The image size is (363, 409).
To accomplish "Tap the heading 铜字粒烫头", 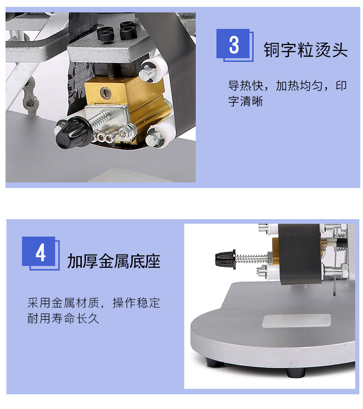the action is pyautogui.click(x=306, y=50).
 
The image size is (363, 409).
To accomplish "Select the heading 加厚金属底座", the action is pyautogui.click(x=113, y=261).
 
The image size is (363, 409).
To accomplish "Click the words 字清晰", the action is pyautogui.click(x=246, y=101).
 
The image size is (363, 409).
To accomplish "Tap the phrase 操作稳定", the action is pyautogui.click(x=136, y=303).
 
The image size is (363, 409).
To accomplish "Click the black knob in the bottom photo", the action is pyautogui.click(x=225, y=260).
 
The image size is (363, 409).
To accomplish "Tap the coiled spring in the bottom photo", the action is pyautogui.click(x=251, y=258).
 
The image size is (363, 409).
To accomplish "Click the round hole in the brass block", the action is pyautogui.click(x=105, y=92).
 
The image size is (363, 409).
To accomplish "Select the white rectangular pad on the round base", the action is pyautogui.click(x=296, y=321).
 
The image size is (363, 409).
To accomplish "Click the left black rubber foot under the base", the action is pyautogui.click(x=215, y=362).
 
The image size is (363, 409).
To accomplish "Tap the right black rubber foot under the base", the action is pyautogui.click(x=296, y=372).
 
